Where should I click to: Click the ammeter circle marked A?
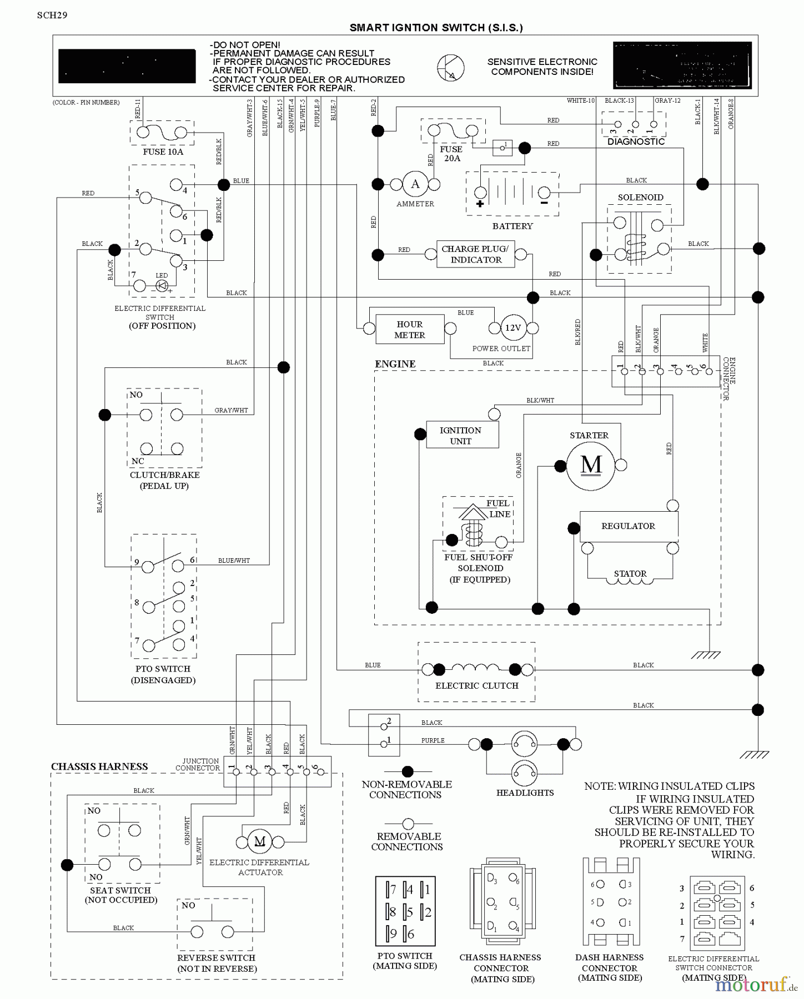(x=415, y=184)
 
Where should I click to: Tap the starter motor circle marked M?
(x=591, y=465)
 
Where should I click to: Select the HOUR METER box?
(x=410, y=330)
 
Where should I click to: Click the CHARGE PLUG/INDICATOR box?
(x=475, y=254)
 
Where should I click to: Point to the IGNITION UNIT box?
(x=461, y=435)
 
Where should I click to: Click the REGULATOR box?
(x=628, y=526)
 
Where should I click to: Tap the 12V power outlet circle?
(x=512, y=327)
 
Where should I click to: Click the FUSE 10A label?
(x=163, y=152)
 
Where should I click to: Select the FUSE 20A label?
(x=451, y=154)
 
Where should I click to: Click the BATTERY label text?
(x=512, y=226)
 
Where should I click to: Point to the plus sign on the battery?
(x=480, y=204)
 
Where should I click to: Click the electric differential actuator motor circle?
(x=259, y=841)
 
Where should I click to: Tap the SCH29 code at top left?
(x=52, y=15)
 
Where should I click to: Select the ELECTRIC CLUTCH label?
(x=476, y=685)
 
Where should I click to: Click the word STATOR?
(x=630, y=573)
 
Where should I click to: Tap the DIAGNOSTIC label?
(x=636, y=142)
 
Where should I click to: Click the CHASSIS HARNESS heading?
(x=99, y=766)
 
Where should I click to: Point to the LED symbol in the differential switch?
(x=162, y=285)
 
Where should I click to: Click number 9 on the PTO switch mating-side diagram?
(x=393, y=933)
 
